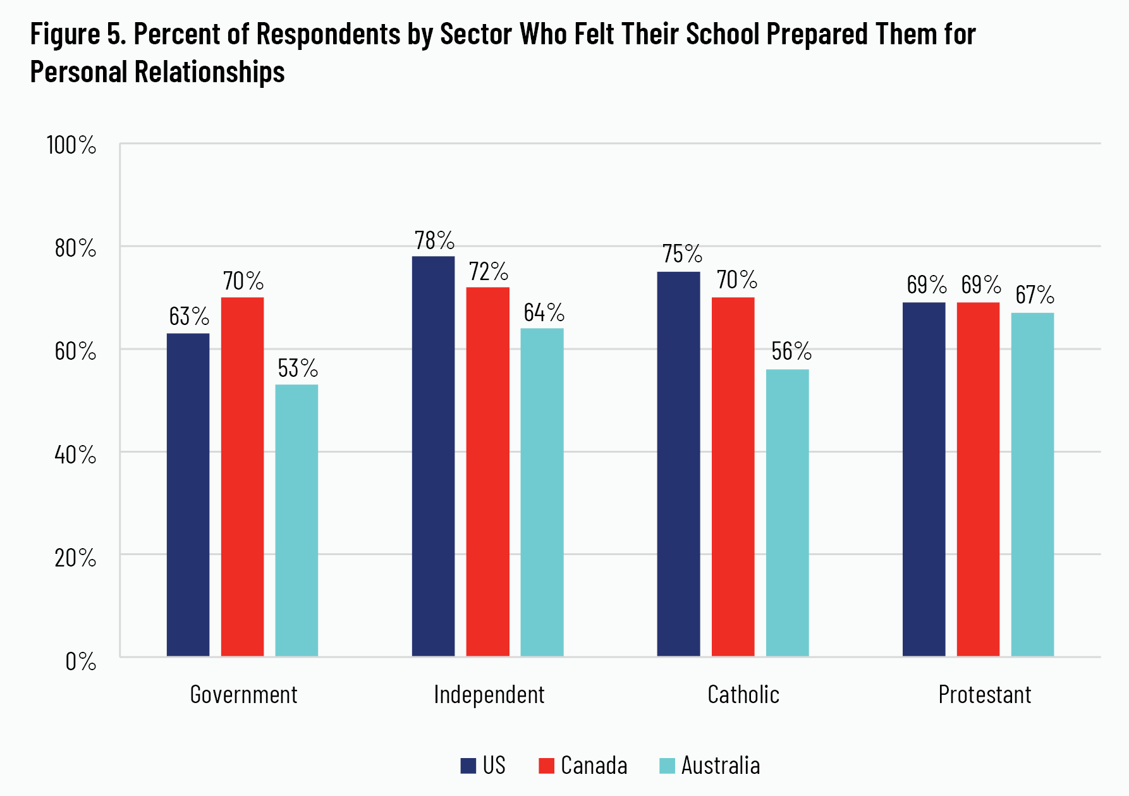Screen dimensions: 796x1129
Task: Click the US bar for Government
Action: [x=188, y=494]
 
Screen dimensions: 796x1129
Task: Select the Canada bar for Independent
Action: [x=487, y=472]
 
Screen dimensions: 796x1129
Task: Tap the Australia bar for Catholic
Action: [x=787, y=513]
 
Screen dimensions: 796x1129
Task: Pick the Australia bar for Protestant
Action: [x=1032, y=484]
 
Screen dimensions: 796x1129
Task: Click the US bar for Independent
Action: [x=433, y=456]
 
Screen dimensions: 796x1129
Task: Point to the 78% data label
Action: [x=434, y=241]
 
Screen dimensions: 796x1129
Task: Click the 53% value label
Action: [x=298, y=369]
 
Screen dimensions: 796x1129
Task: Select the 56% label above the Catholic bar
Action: [x=791, y=352]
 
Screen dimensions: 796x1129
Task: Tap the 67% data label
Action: [x=1035, y=295]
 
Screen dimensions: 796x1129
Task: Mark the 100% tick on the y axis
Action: [x=71, y=145]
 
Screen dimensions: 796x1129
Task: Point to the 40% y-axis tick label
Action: [x=75, y=455]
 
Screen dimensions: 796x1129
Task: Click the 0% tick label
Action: [x=80, y=661]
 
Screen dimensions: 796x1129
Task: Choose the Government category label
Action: [x=243, y=695]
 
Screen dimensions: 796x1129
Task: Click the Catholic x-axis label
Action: [x=743, y=695]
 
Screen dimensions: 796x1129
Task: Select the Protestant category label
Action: [x=984, y=695]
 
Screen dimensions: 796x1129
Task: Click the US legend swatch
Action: [x=468, y=766]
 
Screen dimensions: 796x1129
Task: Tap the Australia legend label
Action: [x=721, y=766]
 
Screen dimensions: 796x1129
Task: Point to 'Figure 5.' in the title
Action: [x=78, y=34]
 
